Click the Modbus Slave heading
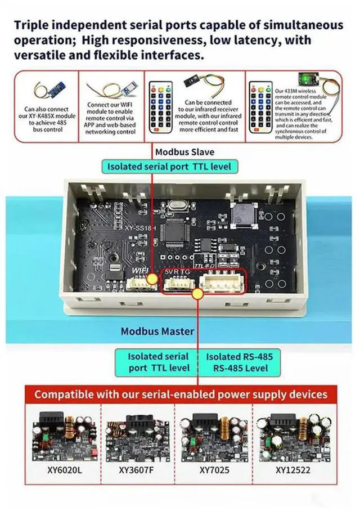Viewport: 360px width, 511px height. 184,152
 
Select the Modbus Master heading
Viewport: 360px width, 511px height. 157,331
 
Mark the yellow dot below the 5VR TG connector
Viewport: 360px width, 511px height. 197,293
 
